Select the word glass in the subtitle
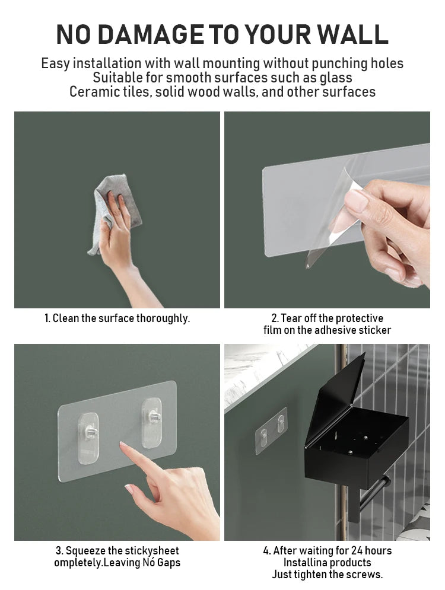pos(335,78)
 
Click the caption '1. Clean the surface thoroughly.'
pos(117,318)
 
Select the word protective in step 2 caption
pos(355,318)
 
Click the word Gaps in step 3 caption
pos(167,563)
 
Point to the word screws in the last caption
pos(364,575)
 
